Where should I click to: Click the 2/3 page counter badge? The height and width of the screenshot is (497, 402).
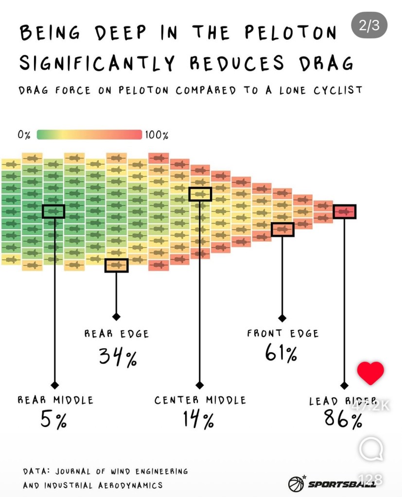tap(369, 25)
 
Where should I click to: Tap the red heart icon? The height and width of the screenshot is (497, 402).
tap(370, 373)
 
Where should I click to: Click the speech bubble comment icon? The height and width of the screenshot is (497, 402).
tap(370, 449)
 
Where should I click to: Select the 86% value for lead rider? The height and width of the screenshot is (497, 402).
tap(343, 419)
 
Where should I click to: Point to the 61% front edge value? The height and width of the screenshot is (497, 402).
tap(281, 353)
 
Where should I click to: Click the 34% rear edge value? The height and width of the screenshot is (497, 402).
tap(118, 357)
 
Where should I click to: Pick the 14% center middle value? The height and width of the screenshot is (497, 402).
tap(198, 419)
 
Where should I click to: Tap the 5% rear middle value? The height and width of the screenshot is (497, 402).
tap(53, 419)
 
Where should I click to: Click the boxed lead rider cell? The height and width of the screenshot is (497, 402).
tap(345, 211)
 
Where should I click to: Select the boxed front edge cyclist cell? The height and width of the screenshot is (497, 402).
tap(282, 229)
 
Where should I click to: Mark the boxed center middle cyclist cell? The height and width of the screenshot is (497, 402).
tap(200, 194)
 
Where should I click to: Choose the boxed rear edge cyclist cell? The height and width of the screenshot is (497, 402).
tap(116, 265)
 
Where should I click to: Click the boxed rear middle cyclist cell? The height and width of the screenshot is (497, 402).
tap(53, 211)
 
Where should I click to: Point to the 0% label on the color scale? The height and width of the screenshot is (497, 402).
tap(24, 135)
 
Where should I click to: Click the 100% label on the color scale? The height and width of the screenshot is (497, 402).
tap(157, 135)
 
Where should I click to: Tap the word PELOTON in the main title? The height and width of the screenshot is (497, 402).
tap(290, 34)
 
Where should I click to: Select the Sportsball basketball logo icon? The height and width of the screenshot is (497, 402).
tap(296, 483)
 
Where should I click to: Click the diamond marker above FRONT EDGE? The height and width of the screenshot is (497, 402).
tap(282, 318)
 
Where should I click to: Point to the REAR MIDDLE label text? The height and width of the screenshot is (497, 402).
tap(55, 400)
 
